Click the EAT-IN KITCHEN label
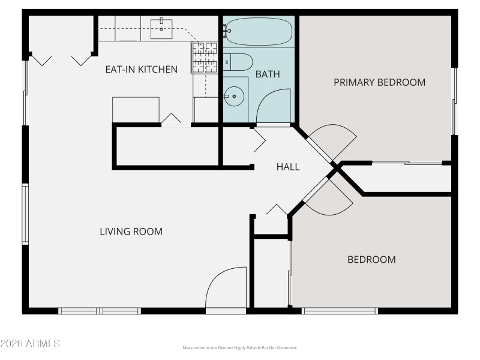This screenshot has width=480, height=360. [x=142, y=69]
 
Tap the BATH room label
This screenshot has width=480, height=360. [x=268, y=74]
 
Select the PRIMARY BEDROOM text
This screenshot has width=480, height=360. [x=379, y=82]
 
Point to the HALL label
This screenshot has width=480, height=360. [x=288, y=167]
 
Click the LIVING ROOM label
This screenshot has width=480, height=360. [x=131, y=232]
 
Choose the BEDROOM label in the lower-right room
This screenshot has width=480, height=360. [x=371, y=260]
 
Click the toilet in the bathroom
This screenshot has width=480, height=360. [x=238, y=62]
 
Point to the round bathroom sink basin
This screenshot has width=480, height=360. [x=235, y=95]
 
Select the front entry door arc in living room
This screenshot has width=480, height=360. [x=226, y=288]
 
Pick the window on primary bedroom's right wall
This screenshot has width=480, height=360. [x=455, y=101]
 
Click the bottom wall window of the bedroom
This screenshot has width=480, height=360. [x=340, y=311]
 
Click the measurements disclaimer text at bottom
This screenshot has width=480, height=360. [x=239, y=348]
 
